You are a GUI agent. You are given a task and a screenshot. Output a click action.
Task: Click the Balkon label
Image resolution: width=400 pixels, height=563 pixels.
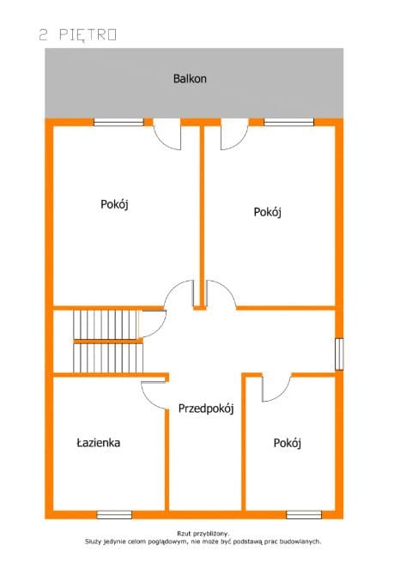(x=190, y=79)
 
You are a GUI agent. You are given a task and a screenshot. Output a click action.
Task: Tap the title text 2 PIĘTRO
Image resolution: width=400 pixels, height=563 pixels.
(x=77, y=35)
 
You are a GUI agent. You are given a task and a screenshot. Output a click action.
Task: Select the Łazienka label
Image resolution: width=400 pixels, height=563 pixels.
(x=99, y=442)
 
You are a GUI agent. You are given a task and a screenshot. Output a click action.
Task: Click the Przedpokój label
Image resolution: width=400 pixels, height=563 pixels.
(x=206, y=409)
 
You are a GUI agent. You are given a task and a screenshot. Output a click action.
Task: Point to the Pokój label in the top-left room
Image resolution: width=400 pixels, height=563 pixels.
(x=114, y=204)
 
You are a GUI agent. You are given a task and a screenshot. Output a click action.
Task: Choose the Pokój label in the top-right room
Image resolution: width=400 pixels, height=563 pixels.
(x=268, y=212)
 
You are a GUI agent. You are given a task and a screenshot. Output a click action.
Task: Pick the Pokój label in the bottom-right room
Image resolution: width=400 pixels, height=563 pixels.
(x=288, y=443)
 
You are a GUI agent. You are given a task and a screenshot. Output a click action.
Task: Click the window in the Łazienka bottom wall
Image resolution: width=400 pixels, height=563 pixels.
(x=114, y=515)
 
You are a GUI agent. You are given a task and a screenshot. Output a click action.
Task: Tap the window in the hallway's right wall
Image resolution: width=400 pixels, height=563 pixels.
(x=339, y=354)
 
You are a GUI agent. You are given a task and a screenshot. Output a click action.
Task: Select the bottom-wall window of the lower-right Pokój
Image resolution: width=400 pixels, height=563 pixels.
(x=304, y=515)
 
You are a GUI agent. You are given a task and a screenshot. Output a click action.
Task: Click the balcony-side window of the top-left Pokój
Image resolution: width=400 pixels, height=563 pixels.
(x=118, y=122)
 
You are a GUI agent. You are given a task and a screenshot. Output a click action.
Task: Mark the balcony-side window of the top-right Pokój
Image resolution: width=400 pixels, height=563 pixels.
(x=288, y=122)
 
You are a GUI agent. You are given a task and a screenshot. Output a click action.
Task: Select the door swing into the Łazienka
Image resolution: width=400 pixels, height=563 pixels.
(x=154, y=395)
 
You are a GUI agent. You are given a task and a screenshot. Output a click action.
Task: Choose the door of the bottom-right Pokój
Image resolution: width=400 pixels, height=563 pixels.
(x=276, y=388)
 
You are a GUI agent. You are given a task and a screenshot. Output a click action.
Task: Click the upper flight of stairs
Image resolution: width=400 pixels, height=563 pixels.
(x=106, y=324)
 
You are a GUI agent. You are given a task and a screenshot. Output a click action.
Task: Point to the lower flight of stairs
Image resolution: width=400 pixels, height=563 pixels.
(x=108, y=358)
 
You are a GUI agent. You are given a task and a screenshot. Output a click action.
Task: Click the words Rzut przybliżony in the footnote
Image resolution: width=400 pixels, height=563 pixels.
(x=203, y=534)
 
